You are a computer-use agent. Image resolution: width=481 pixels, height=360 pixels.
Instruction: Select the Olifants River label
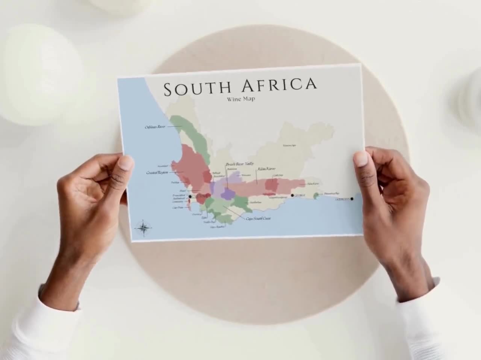coord(155,127)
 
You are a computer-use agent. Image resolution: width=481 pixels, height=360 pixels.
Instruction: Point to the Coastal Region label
coord(157,173)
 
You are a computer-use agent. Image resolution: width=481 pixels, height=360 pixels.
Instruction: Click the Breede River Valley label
coord(240,164)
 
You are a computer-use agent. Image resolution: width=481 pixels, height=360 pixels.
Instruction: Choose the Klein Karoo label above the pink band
coord(266,169)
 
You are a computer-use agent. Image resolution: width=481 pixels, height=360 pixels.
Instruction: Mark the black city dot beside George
coord(292,195)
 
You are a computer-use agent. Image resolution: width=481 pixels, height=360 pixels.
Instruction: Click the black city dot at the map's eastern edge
coord(352,199)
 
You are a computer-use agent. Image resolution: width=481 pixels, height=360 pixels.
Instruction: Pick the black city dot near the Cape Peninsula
coord(190,197)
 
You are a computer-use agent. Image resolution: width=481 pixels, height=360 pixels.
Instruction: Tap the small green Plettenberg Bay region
coord(316,195)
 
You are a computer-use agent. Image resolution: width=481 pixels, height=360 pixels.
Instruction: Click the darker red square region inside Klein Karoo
coord(271,185)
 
